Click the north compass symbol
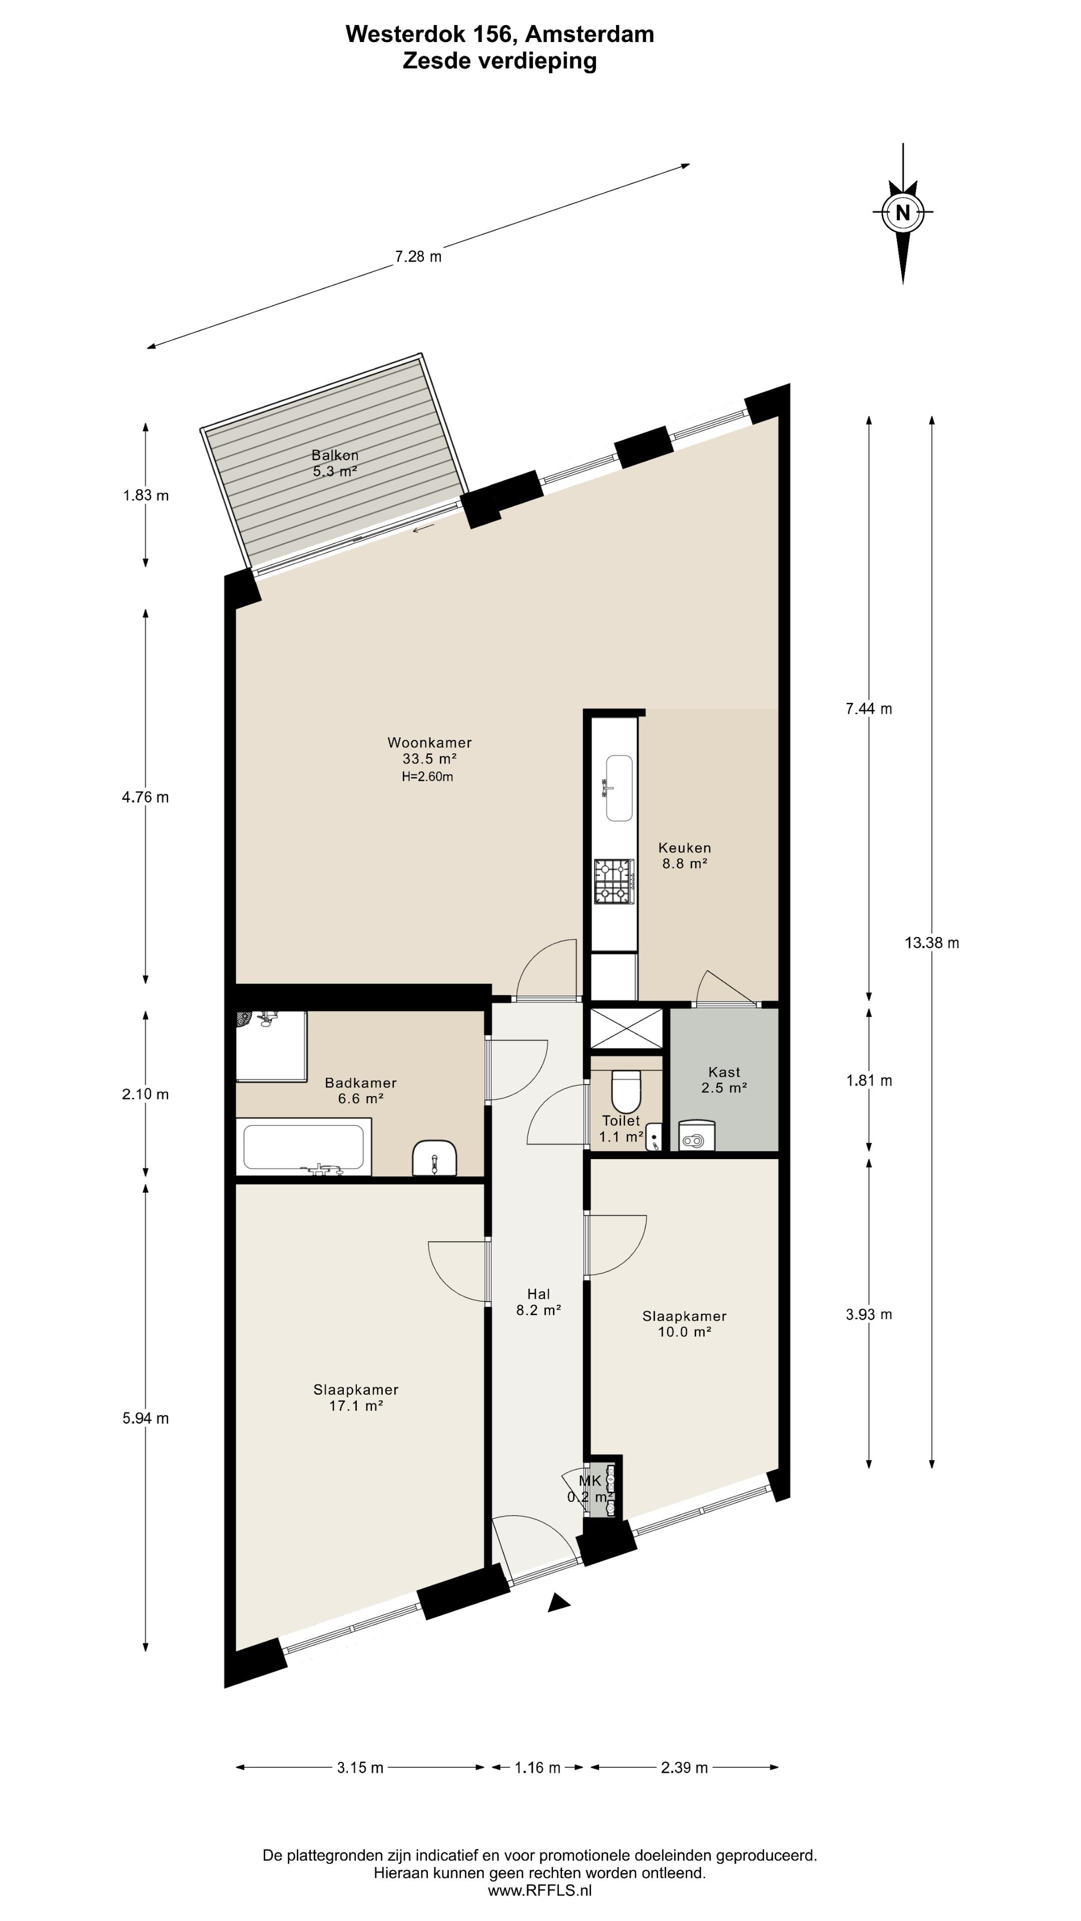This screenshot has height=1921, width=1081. [903, 213]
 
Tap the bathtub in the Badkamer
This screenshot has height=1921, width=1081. [304, 1148]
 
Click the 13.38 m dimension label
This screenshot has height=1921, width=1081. [932, 942]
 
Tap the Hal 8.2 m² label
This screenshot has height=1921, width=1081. [538, 1301]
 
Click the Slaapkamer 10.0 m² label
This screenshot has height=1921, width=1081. [684, 1324]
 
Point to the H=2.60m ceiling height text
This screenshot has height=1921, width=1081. [427, 777]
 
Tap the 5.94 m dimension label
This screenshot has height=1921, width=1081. [146, 1418]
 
